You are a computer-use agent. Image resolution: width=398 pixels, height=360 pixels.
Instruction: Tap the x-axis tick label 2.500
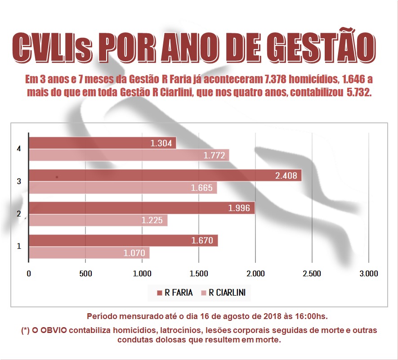click(312, 274)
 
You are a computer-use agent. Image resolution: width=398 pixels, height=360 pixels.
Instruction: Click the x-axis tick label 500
click(85, 274)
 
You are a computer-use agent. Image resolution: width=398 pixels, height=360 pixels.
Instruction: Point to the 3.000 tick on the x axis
click(368, 274)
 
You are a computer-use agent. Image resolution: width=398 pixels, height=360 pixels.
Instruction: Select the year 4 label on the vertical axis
click(18, 148)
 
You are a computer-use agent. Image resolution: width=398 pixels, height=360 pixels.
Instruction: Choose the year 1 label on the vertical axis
click(18, 247)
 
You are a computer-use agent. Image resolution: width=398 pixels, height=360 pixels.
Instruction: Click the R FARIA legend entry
click(175, 293)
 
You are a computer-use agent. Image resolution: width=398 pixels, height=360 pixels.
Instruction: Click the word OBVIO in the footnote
click(53, 330)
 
